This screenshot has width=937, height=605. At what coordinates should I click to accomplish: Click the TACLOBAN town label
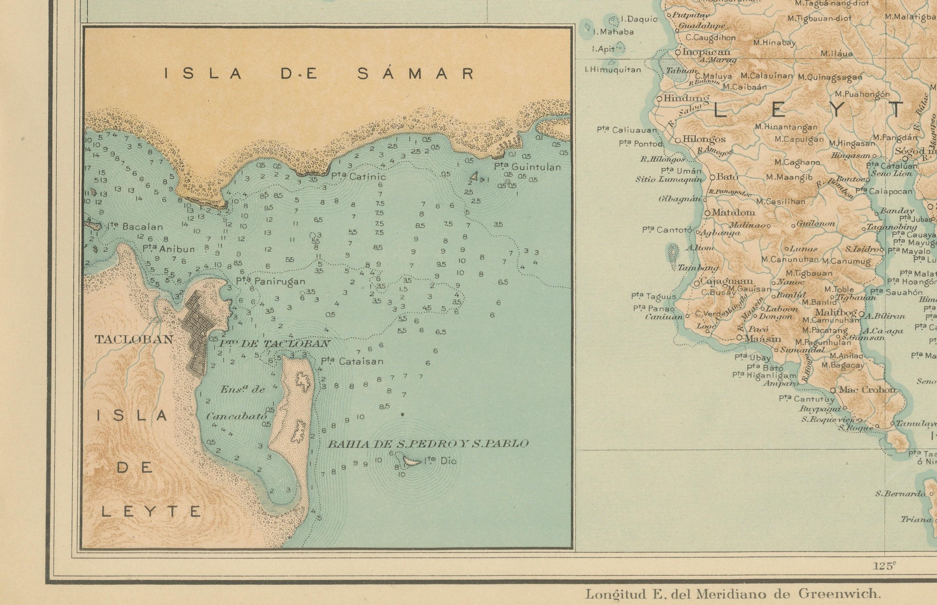point(134,340)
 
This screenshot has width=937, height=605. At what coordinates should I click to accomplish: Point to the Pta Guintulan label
point(527,167)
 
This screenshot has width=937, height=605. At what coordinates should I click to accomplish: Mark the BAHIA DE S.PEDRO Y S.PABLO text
point(428,444)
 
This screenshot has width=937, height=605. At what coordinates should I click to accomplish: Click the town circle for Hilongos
point(678,140)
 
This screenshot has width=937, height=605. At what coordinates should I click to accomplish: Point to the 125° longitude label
point(885,566)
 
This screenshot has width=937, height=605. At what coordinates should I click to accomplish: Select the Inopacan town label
point(706,52)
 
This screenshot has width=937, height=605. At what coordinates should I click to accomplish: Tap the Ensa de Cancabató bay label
point(240,403)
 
